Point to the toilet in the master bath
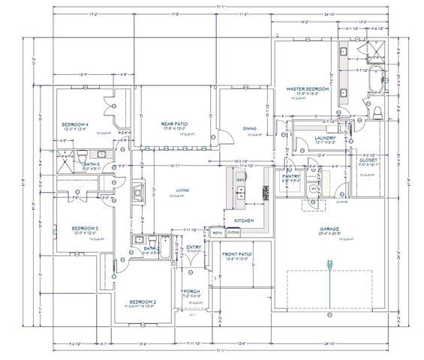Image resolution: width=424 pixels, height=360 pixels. (377, 110)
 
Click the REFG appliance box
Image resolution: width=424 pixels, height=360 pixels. (217, 232)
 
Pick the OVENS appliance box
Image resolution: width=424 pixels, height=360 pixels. (234, 232)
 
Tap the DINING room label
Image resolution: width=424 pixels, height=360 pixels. (251, 128)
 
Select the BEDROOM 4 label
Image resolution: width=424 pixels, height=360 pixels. (75, 124)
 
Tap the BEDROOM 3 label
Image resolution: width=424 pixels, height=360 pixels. (85, 228)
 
